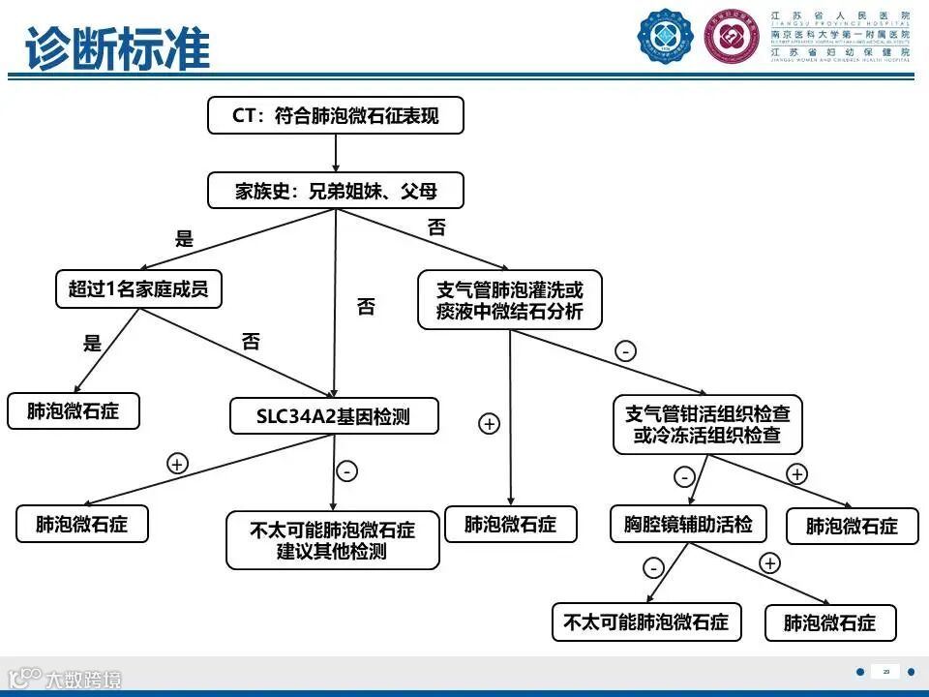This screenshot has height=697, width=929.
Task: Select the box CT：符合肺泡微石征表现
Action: point(336,116)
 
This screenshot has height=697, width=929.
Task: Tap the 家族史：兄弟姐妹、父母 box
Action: point(336,191)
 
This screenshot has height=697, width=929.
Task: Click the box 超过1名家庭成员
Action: point(138,288)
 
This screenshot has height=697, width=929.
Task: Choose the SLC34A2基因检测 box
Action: point(334,416)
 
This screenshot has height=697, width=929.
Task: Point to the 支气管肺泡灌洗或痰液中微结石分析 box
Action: point(510,300)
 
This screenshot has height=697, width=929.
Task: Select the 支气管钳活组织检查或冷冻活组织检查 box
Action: point(707,424)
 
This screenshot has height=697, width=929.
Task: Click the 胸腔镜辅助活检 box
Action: point(688,524)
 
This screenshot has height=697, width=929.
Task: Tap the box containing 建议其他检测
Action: point(333,540)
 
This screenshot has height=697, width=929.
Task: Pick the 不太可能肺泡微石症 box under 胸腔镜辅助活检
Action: point(646,621)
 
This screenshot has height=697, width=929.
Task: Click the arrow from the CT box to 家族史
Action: point(336,153)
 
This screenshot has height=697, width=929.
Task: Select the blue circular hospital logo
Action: point(666,36)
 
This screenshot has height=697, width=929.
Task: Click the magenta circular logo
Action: point(733,36)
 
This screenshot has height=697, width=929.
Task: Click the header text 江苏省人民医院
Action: point(840,16)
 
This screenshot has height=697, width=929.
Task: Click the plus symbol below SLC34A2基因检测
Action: point(177,464)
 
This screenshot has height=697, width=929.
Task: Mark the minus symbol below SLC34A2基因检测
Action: point(347,471)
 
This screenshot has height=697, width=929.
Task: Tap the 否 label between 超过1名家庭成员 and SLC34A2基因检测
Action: point(251,341)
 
